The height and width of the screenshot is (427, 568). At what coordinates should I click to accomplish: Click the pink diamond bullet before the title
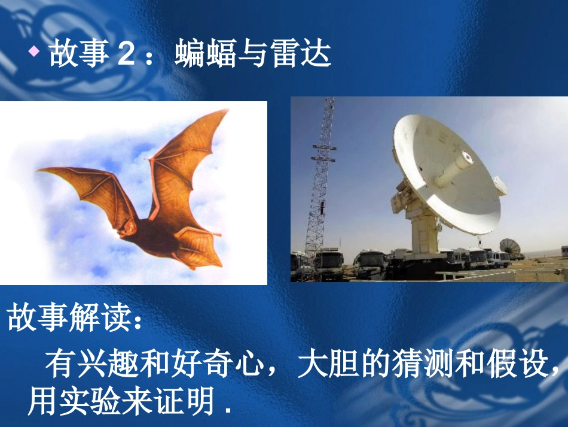(34, 52)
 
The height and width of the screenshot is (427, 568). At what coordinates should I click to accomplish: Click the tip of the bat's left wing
(41, 171)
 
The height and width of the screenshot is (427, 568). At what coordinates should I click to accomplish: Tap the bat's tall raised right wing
(185, 156)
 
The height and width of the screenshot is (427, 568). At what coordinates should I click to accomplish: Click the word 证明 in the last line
(188, 402)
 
